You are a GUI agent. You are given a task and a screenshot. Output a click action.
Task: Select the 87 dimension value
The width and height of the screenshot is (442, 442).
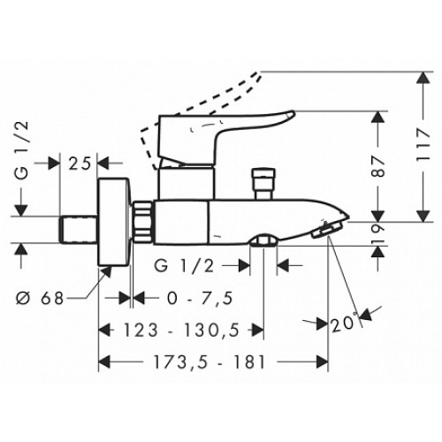pos(378,166)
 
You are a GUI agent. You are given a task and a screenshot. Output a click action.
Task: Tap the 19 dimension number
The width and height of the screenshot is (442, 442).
pos(378,234)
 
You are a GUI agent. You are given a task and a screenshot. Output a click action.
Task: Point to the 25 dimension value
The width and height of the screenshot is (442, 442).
pos(80,164)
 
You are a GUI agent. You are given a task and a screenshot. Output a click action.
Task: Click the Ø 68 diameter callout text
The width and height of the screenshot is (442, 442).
pos(40,298)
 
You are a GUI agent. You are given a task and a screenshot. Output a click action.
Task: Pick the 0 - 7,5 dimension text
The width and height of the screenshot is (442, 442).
pos(200,298)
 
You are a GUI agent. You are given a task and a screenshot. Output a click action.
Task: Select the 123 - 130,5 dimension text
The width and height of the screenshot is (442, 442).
pos(181,330)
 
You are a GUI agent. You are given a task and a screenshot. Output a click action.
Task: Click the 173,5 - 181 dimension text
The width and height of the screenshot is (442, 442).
pos(210,362)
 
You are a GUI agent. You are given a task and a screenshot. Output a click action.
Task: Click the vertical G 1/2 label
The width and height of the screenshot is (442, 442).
pos(22,150)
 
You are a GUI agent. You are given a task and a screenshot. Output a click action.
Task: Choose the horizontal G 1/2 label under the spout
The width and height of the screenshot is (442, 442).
pos(184,266)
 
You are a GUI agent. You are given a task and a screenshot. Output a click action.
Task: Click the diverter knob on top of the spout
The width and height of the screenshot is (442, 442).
pos(264,184)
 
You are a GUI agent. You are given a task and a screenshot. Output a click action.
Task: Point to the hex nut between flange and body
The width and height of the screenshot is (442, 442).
pos(142,222)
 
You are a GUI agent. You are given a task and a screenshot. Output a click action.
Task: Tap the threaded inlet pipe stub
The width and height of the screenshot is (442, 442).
pos(79,230)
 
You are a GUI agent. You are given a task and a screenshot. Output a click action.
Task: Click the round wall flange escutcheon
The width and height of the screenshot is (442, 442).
pos(114,222)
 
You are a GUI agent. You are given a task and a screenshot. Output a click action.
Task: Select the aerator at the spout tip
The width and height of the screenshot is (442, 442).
pos(327,230)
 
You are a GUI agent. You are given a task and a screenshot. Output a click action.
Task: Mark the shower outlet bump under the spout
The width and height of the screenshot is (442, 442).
pos(263,240)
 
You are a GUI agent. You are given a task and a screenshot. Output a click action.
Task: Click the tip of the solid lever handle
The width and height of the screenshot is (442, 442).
pos(293,113)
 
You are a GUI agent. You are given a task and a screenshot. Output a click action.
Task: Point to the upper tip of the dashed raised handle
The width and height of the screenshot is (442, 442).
pos(261,72)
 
